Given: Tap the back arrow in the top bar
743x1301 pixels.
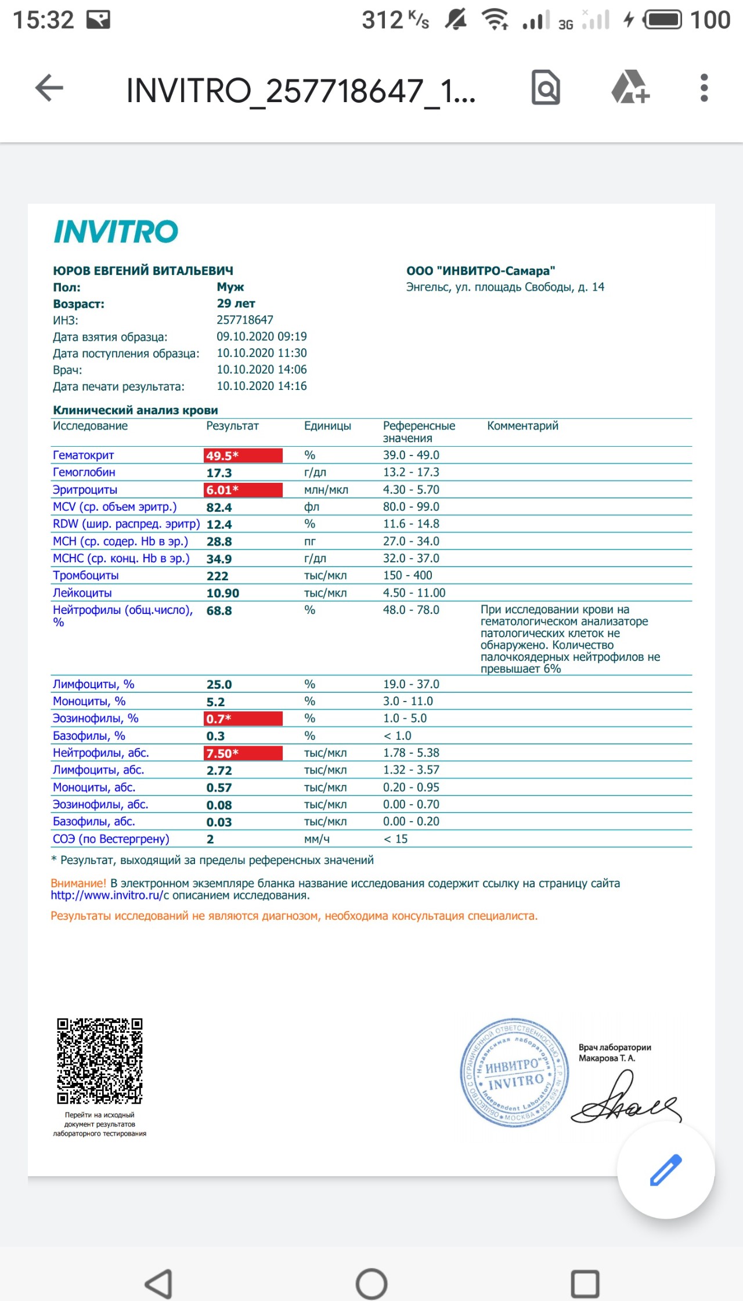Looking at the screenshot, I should pos(49,89).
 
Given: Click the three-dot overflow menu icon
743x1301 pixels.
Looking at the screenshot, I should pos(704,88).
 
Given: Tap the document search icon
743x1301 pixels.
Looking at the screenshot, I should pos(546,88).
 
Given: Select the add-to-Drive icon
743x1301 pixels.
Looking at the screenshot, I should pos(630,88).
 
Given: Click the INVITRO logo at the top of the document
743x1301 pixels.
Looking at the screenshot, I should pos(116,232).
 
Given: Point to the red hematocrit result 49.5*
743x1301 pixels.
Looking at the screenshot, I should pos(243,456).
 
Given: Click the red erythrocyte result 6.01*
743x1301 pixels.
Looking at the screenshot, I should pos(243,490).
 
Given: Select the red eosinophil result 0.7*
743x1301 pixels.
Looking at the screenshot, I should pos(243,718).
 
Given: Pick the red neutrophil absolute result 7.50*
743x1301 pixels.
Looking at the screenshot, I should pos(243,753).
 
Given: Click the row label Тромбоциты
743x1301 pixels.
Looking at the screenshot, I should pos(86,576).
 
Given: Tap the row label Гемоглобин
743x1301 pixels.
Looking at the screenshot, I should pos(84,472).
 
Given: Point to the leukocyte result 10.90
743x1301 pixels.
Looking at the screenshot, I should pos(223,593).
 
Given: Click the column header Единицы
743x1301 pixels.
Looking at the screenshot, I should pos(327,426).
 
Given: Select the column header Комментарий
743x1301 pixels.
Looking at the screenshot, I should pos(522,426).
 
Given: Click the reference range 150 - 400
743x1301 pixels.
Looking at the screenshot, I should pos(407,576).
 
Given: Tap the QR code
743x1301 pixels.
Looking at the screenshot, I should pos(99,1061).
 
